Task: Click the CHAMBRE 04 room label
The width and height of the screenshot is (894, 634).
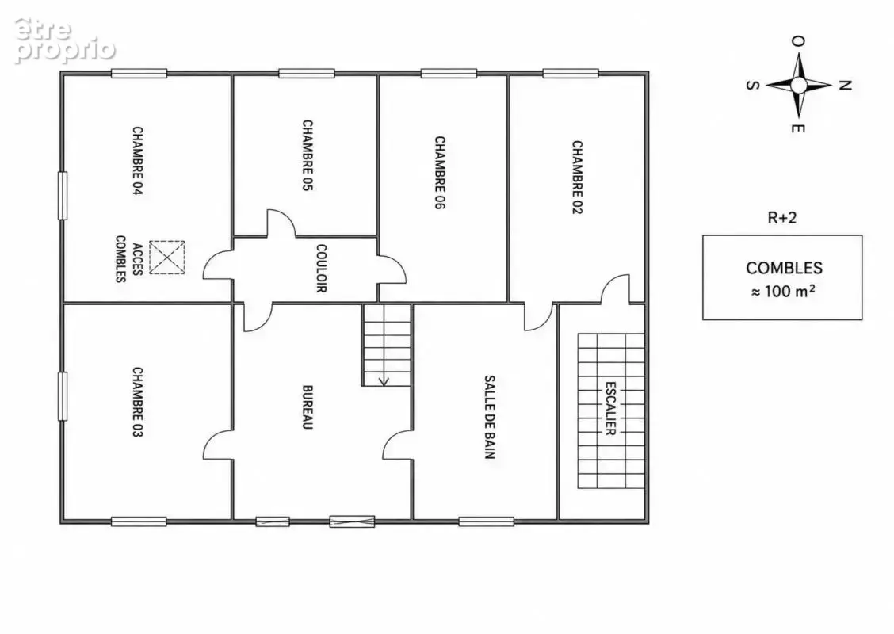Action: pyautogui.click(x=137, y=162)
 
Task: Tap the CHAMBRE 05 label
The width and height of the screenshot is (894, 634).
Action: pyautogui.click(x=308, y=155)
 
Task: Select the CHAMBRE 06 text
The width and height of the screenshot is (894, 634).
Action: pyautogui.click(x=440, y=172)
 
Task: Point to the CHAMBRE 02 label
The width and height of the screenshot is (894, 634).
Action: pyautogui.click(x=577, y=177)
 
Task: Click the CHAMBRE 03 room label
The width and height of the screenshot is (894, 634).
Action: pyautogui.click(x=137, y=402)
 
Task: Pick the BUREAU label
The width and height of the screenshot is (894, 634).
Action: pyautogui.click(x=308, y=407)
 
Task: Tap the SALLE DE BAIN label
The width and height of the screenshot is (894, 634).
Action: pyautogui.click(x=489, y=417)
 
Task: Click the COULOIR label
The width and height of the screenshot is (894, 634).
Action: pyautogui.click(x=321, y=268)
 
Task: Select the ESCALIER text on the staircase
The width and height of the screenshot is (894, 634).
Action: pyautogui.click(x=609, y=408)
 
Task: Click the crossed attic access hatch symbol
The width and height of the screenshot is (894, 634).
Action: pyautogui.click(x=167, y=257)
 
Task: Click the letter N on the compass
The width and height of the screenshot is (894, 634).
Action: pyautogui.click(x=845, y=86)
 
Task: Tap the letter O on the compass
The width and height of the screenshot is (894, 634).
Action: pyautogui.click(x=798, y=41)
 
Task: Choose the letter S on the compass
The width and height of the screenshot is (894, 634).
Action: pyautogui.click(x=753, y=86)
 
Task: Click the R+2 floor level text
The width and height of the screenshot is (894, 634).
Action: pyautogui.click(x=782, y=217)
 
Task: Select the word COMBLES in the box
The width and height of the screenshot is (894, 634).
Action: pyautogui.click(x=784, y=268)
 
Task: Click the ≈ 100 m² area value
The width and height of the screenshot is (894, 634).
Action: pyautogui.click(x=783, y=291)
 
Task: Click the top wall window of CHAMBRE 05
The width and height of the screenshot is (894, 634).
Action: pyautogui.click(x=307, y=73)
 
